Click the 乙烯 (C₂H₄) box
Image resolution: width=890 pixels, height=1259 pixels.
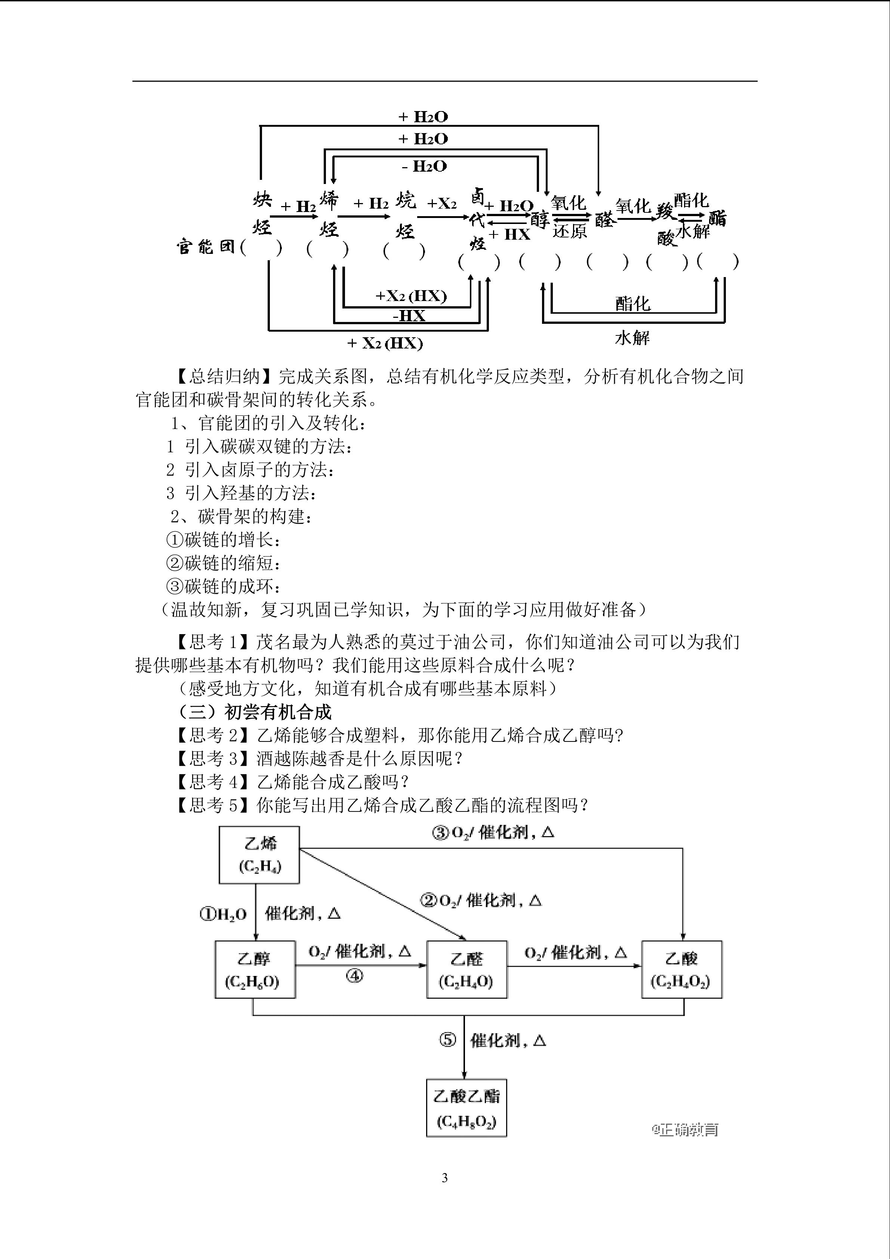[x=259, y=855]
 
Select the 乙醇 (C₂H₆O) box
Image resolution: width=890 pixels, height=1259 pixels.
[x=255, y=970]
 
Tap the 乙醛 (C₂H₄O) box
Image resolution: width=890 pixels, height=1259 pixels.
[x=466, y=970]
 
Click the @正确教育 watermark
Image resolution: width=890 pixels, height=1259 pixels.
[x=685, y=1130]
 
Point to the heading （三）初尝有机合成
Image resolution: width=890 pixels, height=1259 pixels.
[x=255, y=712]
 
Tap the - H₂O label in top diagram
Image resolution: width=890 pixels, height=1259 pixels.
[x=425, y=166]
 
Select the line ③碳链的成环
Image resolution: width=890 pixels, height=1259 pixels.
[x=224, y=587]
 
